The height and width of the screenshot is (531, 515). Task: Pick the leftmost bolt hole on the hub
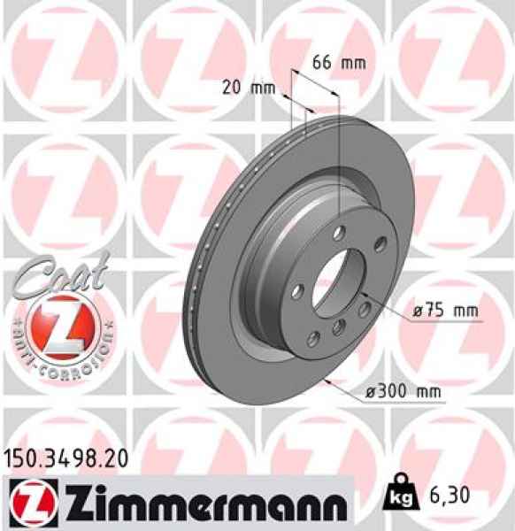[x=297, y=290]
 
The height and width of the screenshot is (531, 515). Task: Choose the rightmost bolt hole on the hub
[x=380, y=244]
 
